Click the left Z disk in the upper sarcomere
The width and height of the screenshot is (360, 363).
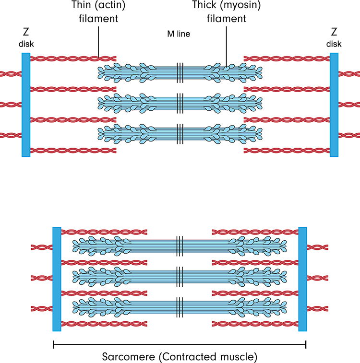pos(26,105)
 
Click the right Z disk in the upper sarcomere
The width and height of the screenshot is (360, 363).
pos(334,105)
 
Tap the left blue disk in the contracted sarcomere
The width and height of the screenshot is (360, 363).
pos(57,279)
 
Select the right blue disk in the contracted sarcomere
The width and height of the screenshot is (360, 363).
pos(303,279)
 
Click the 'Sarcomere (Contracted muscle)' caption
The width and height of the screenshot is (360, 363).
pos(180,357)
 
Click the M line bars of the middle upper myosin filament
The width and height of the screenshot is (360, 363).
pos(180,102)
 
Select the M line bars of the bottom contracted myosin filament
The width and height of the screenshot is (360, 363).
pos(180,305)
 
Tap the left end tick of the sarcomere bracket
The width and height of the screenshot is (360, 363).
pos(53,344)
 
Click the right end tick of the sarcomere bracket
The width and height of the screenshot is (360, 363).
pos(306,344)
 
